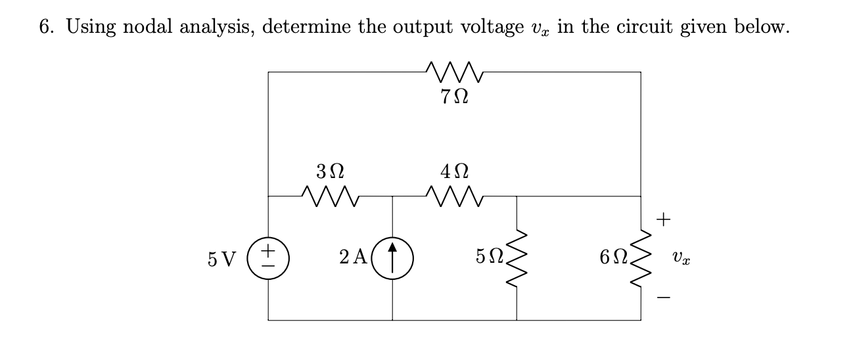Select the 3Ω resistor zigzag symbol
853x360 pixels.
(x=330, y=195)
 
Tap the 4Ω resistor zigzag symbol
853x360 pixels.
(x=455, y=195)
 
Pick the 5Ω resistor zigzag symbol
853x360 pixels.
(x=517, y=258)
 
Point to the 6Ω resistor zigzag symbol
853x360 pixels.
(x=641, y=258)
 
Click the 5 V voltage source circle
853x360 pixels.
(x=268, y=258)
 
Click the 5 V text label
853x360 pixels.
(x=222, y=258)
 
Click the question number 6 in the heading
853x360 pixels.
(x=45, y=28)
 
